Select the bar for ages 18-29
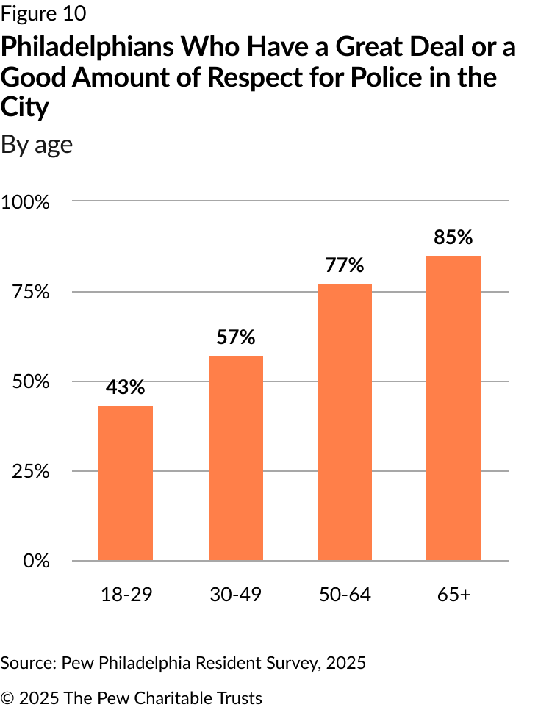(126, 483)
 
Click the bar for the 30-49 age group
(235, 458)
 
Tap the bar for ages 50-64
(345, 422)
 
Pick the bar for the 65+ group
(453, 408)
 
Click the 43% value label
(126, 387)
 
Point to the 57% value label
(235, 337)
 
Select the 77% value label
(345, 265)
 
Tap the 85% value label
(453, 237)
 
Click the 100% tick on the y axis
(26, 202)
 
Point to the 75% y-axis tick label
(30, 292)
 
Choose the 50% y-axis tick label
(30, 381)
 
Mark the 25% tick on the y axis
(30, 471)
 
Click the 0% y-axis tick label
(36, 561)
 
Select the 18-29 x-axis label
(126, 595)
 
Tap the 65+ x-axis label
(453, 595)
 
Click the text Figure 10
(43, 13)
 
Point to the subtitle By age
(37, 146)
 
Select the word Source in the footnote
(28, 664)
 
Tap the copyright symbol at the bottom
(7, 698)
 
